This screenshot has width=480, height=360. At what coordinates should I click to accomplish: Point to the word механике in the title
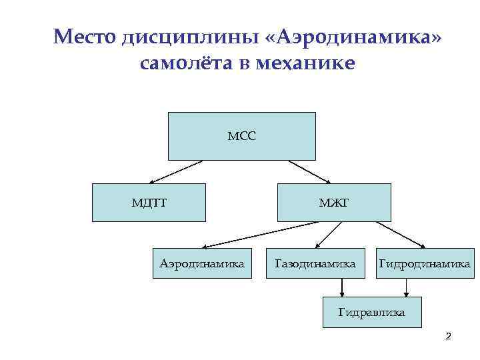click(x=305, y=64)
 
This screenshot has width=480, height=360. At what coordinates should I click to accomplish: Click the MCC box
click(x=241, y=136)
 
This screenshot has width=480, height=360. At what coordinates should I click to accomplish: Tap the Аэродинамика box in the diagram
click(x=202, y=264)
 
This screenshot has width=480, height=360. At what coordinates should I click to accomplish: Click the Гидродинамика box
click(x=425, y=264)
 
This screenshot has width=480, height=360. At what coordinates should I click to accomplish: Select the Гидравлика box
click(x=372, y=311)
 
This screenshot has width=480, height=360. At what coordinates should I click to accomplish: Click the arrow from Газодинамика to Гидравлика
click(x=342, y=287)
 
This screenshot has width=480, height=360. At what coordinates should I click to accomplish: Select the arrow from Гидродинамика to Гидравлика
click(x=405, y=287)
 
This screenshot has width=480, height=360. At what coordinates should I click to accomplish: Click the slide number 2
click(x=448, y=337)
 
